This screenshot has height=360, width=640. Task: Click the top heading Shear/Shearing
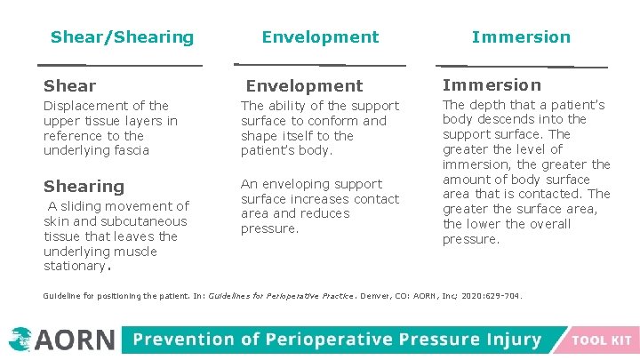click(122, 37)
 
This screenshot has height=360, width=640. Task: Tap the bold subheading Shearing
click(84, 187)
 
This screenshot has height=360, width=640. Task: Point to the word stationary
click(74, 267)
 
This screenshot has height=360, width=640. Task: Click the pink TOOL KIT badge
click(602, 340)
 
